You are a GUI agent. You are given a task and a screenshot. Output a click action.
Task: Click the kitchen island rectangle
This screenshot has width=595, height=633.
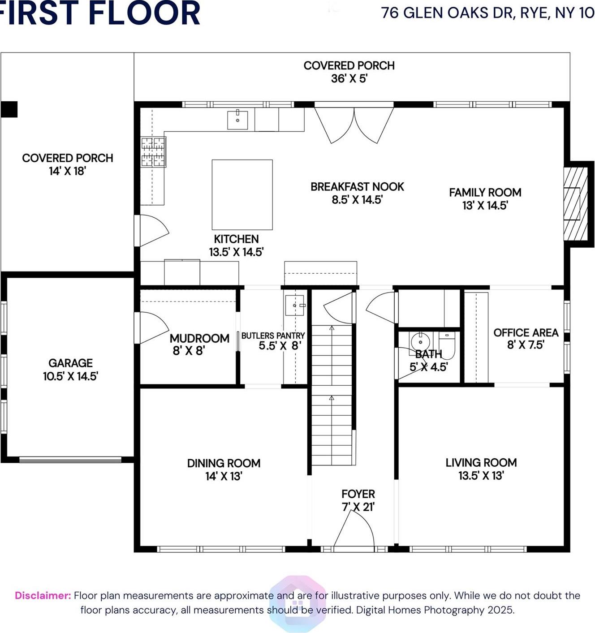coord(242,194)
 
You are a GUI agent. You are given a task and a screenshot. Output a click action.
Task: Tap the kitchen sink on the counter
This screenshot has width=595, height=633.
coord(237,120)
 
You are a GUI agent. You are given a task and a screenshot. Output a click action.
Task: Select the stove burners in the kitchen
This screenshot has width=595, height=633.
coord(153,152)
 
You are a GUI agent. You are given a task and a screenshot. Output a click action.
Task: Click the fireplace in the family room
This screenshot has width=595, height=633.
coord(575,204)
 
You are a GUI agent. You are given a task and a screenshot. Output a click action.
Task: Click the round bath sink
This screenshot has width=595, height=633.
coord(420,341)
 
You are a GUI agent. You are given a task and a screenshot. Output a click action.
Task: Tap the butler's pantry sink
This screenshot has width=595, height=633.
coord(295,305)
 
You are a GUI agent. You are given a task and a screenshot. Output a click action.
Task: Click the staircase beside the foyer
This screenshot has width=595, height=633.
coord(332,394)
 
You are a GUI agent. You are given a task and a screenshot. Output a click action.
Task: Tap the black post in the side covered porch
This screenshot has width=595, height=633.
coord(9,109)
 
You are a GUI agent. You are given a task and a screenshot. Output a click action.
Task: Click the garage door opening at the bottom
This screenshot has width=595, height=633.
coord(70,459)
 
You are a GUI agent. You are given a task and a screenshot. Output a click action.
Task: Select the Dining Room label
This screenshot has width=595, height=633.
coord(224,463)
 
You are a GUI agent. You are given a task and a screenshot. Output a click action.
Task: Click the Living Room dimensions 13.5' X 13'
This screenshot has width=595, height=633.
coord(481,476)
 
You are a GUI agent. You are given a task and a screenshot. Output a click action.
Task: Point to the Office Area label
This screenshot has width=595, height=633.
coord(526,332)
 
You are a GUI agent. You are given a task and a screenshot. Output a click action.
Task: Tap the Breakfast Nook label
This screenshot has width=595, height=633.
coord(357,186)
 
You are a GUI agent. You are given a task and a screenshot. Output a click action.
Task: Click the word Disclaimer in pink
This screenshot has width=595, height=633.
coord(43,595)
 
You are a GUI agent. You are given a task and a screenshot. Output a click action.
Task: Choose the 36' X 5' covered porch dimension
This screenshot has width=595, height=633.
coord(349,78)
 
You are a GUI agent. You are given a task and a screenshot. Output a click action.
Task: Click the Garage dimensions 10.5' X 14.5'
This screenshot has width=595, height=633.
coord(70,376)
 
